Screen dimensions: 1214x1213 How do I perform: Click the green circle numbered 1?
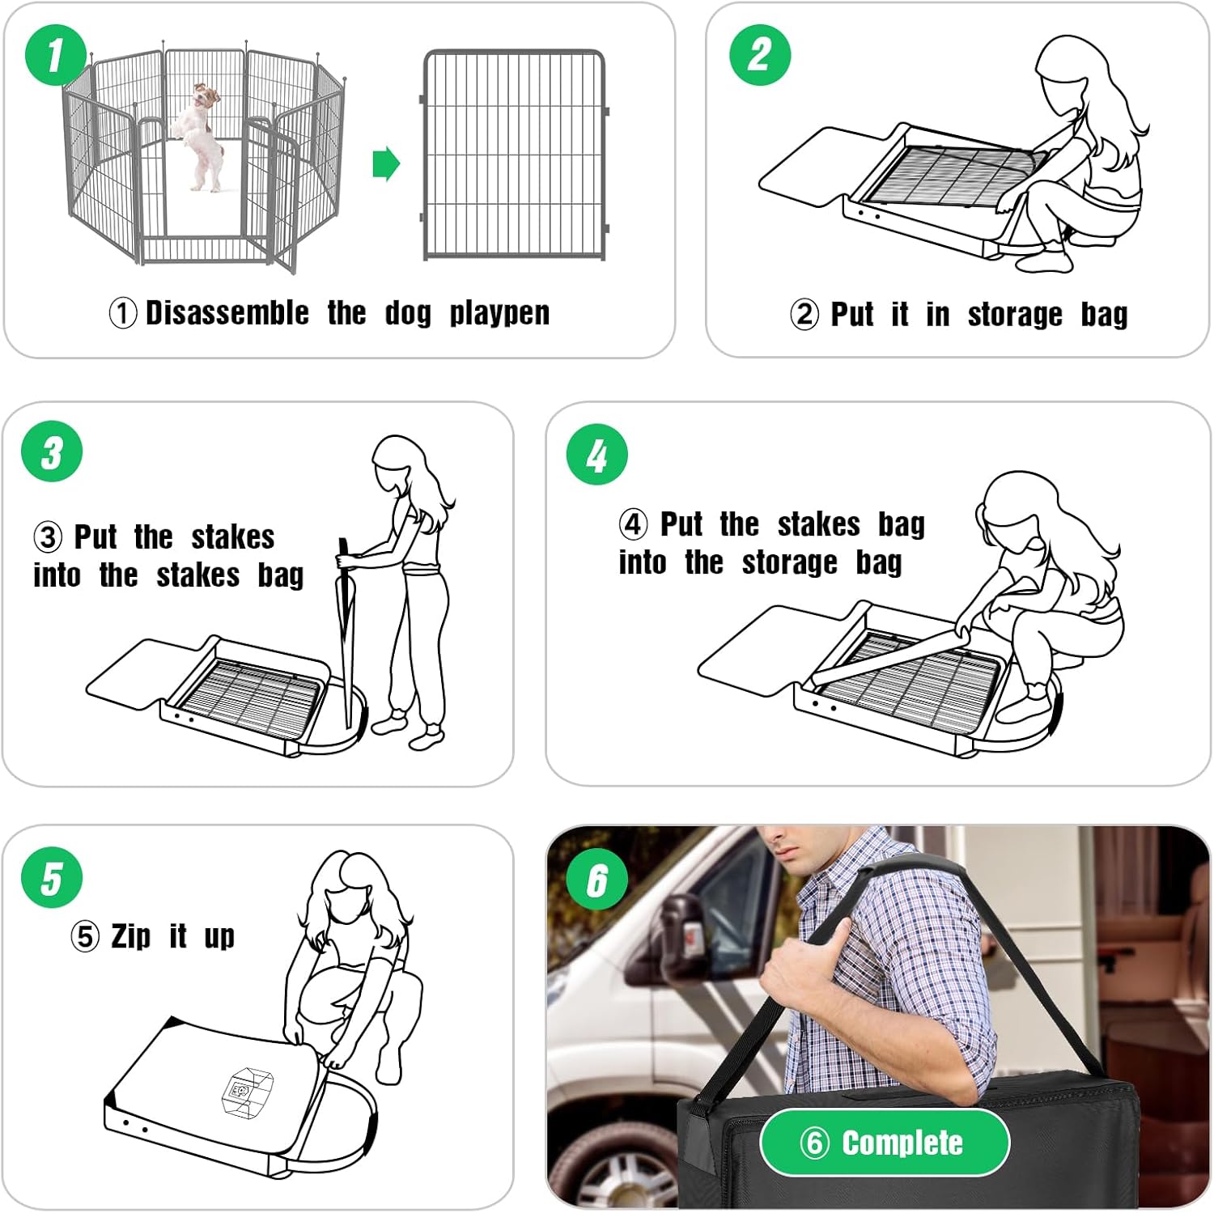56,55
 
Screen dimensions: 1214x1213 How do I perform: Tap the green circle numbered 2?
760,55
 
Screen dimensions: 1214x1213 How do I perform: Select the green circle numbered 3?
52,452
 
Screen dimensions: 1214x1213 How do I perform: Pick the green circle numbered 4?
597,455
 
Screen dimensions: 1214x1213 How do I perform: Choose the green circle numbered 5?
52,878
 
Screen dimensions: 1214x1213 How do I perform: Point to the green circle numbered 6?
597,880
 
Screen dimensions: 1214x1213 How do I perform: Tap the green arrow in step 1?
386,164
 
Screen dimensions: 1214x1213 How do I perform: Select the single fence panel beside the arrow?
515,155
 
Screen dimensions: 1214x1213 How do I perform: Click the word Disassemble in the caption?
227,313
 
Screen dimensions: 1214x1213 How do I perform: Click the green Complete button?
885,1143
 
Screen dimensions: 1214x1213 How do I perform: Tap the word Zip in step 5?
131,937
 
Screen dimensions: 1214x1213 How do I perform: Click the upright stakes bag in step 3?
346,631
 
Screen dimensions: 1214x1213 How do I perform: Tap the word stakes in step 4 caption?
818,524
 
